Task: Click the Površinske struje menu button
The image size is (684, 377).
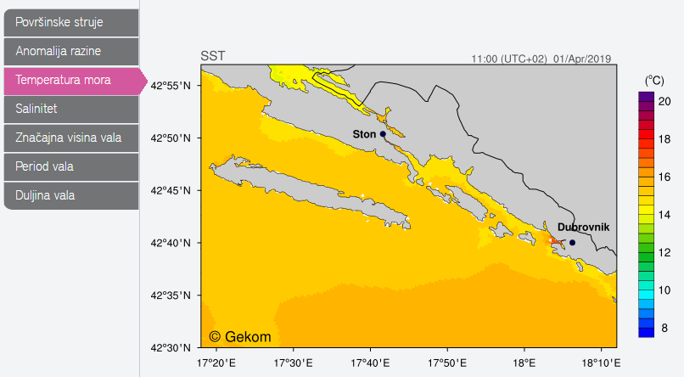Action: pyautogui.click(x=70, y=22)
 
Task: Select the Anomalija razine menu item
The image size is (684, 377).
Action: pyautogui.click(x=70, y=51)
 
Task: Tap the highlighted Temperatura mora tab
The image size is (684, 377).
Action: pyautogui.click(x=70, y=80)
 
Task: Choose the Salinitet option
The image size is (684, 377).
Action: pyautogui.click(x=70, y=109)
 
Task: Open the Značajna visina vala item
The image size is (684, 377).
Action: pyautogui.click(x=70, y=138)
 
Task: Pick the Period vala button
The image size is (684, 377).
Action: pyautogui.click(x=70, y=166)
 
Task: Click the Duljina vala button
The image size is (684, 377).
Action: pyautogui.click(x=70, y=195)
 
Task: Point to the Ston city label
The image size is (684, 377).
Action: pyautogui.click(x=364, y=134)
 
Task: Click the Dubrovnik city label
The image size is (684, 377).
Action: pyautogui.click(x=583, y=228)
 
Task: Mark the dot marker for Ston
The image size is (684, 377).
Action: pyautogui.click(x=383, y=133)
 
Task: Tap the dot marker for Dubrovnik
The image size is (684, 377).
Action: pyautogui.click(x=572, y=243)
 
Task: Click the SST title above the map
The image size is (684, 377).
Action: pyautogui.click(x=213, y=57)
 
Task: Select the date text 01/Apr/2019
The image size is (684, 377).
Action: pyautogui.click(x=582, y=59)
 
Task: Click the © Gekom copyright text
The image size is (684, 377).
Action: pyautogui.click(x=240, y=336)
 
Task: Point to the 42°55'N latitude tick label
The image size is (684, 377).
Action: pyautogui.click(x=174, y=86)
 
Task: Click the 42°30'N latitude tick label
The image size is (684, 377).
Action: pyautogui.click(x=174, y=347)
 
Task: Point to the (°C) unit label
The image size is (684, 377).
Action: pyautogui.click(x=654, y=80)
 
